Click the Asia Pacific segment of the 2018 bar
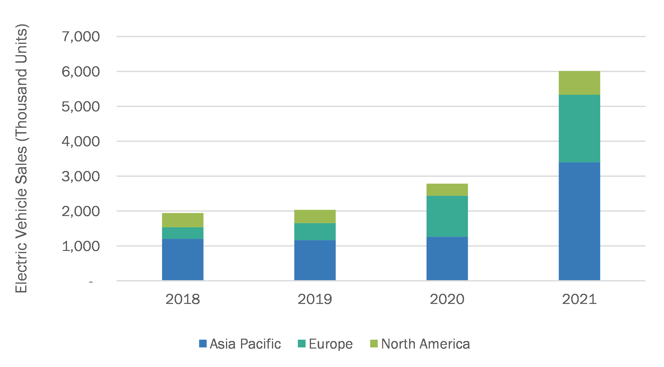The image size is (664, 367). point(183,259)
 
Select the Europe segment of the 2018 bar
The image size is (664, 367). point(183,233)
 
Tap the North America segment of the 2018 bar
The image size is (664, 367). point(183,220)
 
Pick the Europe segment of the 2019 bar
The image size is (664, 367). point(315,232)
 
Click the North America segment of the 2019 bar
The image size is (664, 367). point(315,216)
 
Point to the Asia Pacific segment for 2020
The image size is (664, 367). point(447,258)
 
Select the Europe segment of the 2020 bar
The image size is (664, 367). point(447,216)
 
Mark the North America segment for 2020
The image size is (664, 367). point(447,190)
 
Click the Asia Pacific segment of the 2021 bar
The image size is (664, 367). point(579,221)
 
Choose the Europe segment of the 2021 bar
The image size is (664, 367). point(579,128)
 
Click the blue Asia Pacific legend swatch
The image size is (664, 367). point(203,344)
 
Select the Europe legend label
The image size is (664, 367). point(330,344)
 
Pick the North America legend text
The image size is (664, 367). point(425,344)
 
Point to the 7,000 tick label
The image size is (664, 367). point(81,37)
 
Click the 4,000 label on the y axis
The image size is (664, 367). point(81,141)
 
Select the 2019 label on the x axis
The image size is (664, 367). point(315,299)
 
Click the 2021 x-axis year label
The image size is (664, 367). point(579,299)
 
